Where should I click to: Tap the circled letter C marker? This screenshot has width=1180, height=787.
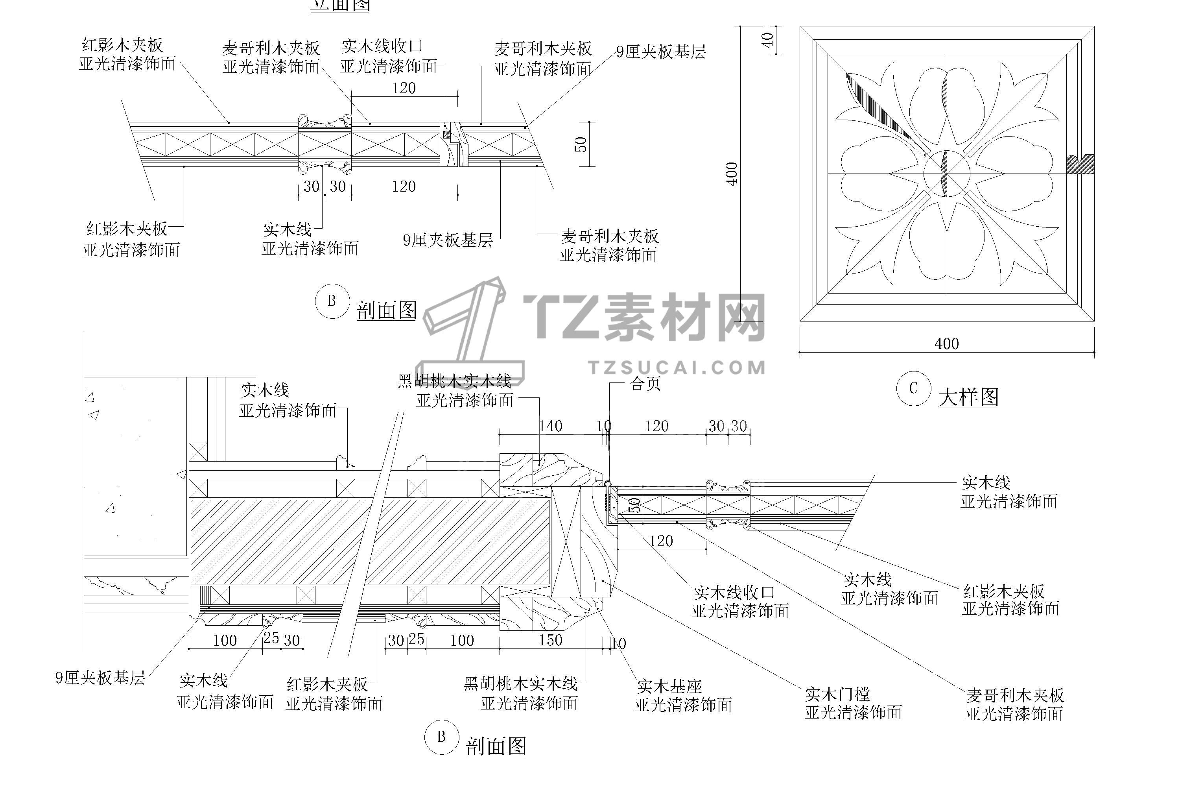coord(913,388)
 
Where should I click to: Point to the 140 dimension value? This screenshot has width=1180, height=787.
coord(550,426)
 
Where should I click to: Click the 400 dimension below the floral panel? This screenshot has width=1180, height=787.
coord(947,344)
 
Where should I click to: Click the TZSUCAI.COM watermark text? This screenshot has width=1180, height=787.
coord(677,368)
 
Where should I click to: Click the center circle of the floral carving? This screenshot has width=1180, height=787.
coord(947,174)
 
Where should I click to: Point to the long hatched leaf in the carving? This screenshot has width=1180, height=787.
coord(883,113)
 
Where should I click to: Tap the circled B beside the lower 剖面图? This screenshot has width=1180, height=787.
coord(441,737)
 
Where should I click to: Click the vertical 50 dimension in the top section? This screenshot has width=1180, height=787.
coord(581,144)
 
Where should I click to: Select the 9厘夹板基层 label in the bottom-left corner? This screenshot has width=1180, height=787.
coord(100,678)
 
